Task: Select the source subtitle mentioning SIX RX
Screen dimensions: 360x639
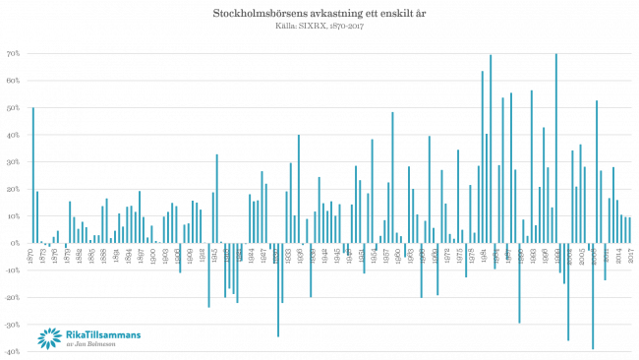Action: [319, 25]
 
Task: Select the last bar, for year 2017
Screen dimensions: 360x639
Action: [629, 228]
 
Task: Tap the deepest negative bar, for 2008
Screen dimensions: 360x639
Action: [593, 295]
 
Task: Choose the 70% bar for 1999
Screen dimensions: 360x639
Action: [556, 148]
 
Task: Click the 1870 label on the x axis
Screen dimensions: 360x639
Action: [33, 255]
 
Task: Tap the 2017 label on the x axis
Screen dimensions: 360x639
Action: [629, 255]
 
